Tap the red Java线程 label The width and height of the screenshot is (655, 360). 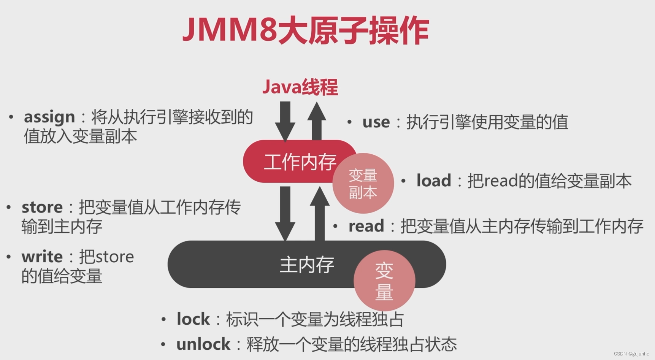coord(300,87)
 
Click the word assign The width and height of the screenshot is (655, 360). coord(49,117)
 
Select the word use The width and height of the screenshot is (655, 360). coord(376,122)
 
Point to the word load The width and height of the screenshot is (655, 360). coord(434,181)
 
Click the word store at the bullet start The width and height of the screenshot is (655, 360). coord(42,208)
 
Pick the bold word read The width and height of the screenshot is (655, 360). coord(366,226)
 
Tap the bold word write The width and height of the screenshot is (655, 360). coord(42,257)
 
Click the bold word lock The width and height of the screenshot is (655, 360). coord(193,319)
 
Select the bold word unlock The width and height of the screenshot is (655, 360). coord(203,344)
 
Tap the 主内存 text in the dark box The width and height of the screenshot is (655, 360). coord(307,265)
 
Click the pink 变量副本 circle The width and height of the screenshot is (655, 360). coord(363,184)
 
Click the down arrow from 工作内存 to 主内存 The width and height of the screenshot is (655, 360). coord(285,213)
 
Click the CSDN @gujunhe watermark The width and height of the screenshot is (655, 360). coord(631,354)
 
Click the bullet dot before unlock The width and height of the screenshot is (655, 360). coord(163,344)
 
